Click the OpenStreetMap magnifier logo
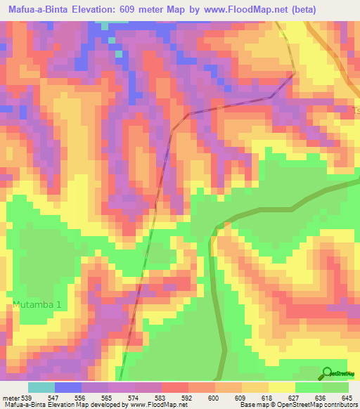[x=327, y=372]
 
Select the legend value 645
[x=347, y=397]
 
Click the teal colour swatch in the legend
[x=41, y=387]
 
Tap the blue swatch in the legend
[x=68, y=387]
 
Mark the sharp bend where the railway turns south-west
[x=294, y=72]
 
